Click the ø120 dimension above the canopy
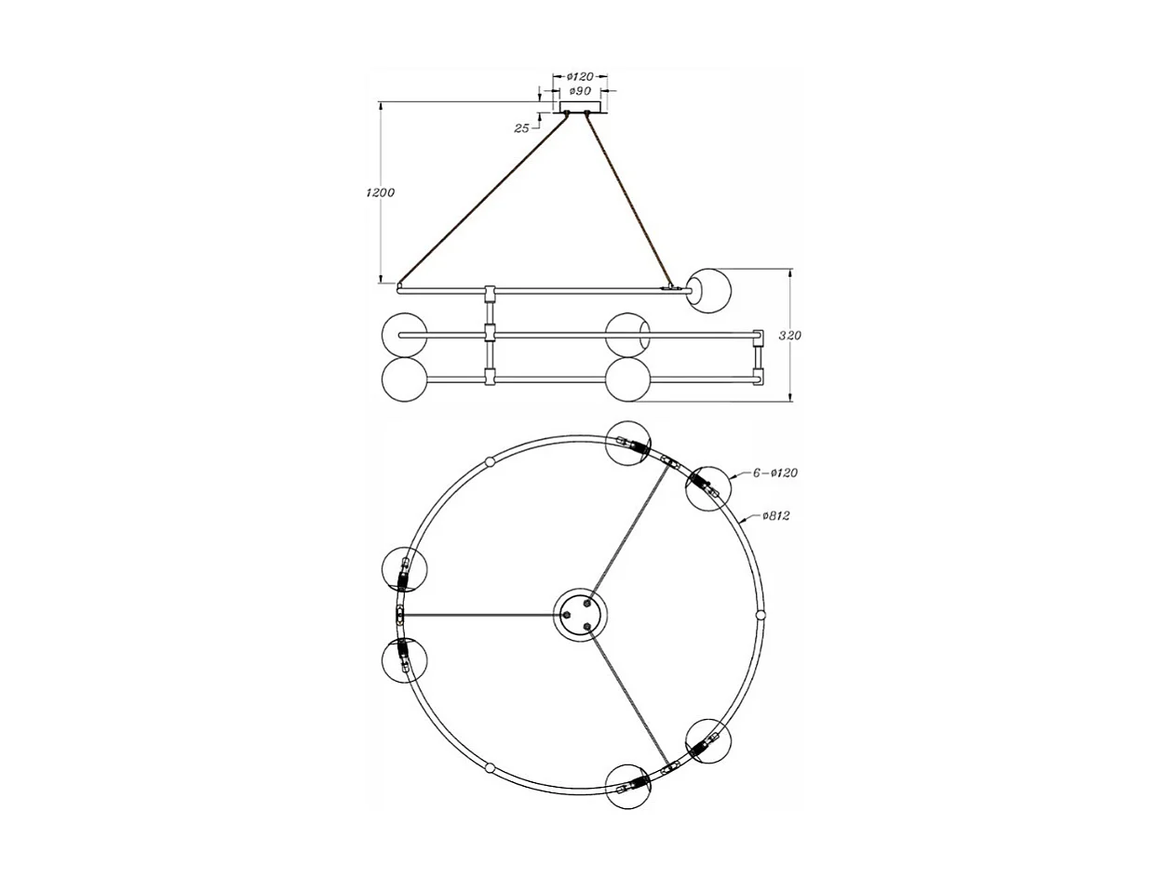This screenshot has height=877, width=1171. point(580,76)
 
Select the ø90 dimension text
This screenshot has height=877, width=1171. point(580,91)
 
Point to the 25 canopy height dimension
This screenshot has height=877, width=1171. point(521,128)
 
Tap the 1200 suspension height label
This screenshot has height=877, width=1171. point(380,193)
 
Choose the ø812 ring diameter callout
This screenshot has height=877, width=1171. point(774,516)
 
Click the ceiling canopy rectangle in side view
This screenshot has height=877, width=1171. point(579,106)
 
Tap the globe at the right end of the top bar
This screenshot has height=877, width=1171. point(710,290)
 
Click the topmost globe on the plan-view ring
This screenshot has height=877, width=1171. point(628,442)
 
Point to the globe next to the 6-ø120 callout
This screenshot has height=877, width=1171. point(708,487)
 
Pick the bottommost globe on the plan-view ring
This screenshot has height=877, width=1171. point(628,786)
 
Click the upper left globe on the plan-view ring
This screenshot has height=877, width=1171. point(405,570)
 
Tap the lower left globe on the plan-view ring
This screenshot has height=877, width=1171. point(405,659)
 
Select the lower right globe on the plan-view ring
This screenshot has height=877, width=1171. point(708,741)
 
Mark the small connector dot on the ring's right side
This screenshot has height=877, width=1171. point(760,616)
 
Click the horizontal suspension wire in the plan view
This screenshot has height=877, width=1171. point(479,615)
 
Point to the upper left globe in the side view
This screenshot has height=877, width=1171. point(405,335)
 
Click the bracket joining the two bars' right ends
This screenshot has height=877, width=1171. point(758,357)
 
